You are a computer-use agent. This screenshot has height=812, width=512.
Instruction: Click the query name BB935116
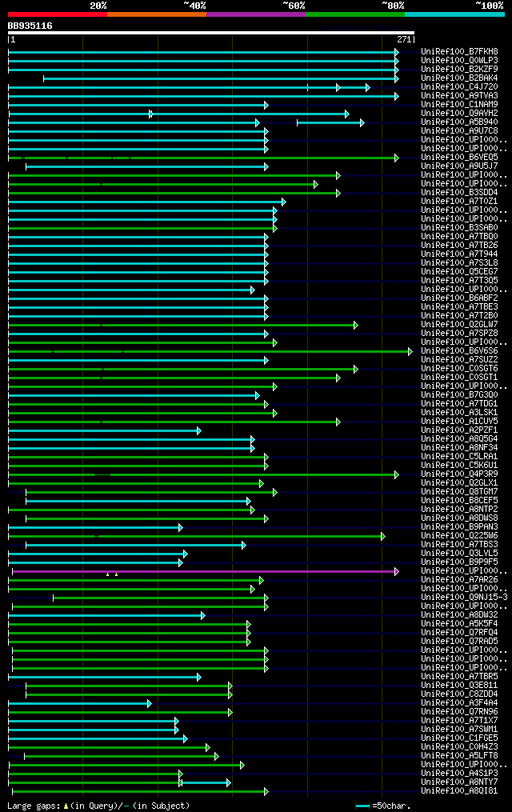click(x=30, y=26)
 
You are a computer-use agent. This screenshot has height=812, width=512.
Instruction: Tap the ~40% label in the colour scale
click(x=194, y=6)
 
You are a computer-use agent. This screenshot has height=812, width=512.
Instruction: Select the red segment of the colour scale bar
click(x=57, y=14)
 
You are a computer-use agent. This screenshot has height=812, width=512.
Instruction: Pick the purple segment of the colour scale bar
click(x=255, y=14)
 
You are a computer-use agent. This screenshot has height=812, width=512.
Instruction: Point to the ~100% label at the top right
click(x=489, y=6)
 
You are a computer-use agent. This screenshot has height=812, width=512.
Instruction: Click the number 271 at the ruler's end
click(x=403, y=39)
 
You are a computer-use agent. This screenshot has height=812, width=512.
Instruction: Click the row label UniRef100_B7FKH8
click(x=459, y=52)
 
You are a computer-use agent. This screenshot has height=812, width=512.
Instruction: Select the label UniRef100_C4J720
click(x=459, y=87)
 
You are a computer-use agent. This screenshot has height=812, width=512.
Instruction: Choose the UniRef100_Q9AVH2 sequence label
click(x=459, y=114)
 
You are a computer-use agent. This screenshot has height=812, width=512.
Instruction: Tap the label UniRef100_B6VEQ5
click(x=459, y=158)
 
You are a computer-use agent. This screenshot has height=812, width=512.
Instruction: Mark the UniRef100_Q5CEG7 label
click(x=459, y=272)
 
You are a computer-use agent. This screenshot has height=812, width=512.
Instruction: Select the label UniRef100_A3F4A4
click(x=459, y=703)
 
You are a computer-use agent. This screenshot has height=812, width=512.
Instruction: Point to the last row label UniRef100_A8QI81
click(x=459, y=791)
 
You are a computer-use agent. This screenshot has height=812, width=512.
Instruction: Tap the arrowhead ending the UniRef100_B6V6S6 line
click(x=410, y=351)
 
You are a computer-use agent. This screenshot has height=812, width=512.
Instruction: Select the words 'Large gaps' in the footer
click(x=32, y=806)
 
